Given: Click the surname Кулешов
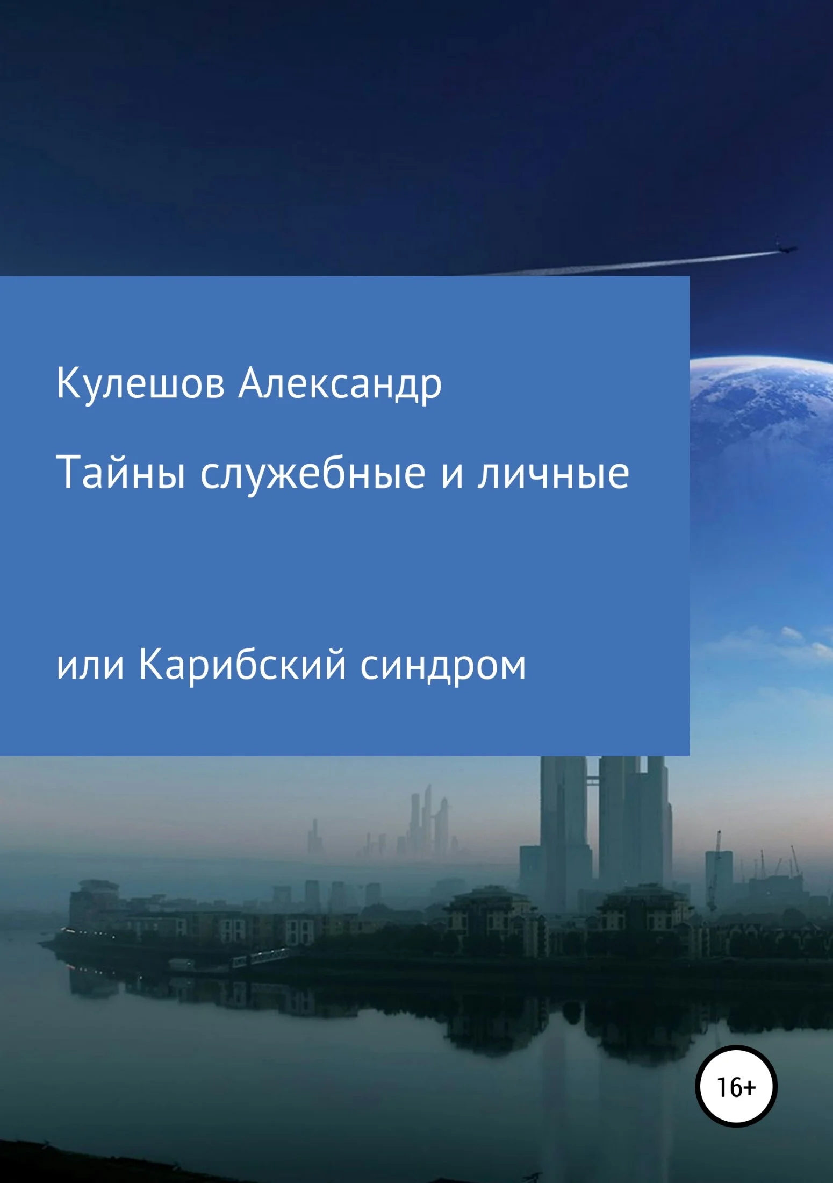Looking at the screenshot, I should point(140,384).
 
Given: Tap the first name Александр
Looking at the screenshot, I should point(340,385).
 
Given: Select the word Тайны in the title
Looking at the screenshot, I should point(121,473).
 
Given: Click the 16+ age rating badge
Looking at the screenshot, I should point(736,1087).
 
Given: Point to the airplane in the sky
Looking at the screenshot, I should point(785,248).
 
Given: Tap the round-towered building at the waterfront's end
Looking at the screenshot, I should point(94,898).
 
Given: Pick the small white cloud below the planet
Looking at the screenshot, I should point(793,635).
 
